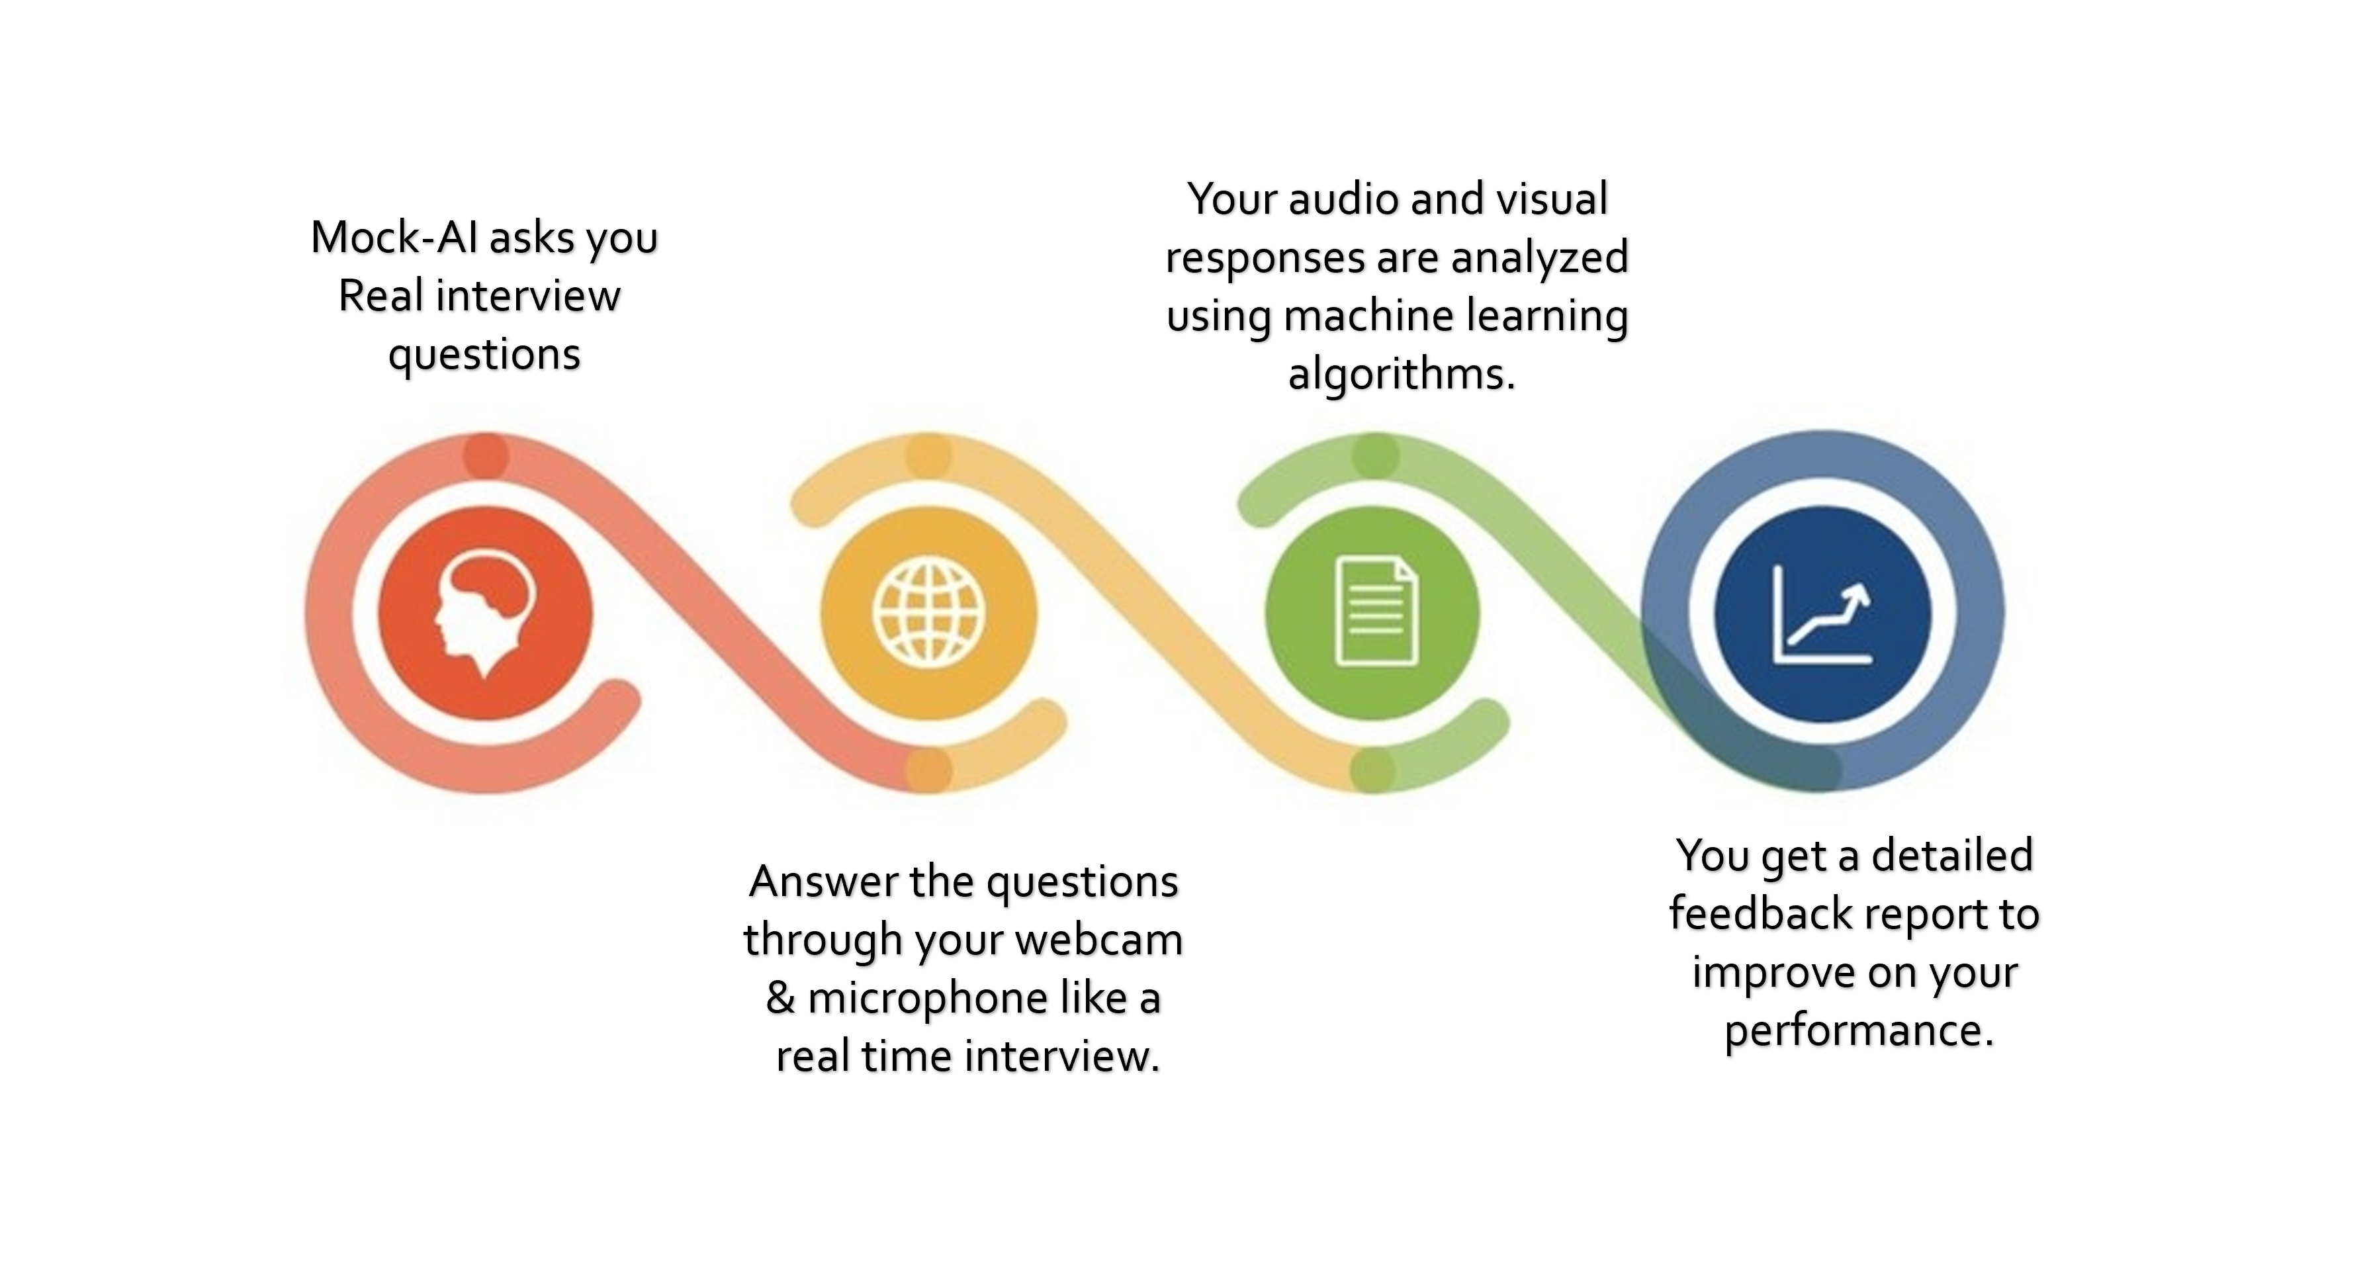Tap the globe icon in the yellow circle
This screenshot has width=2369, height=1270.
click(x=929, y=612)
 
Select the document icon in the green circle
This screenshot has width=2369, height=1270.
click(x=1376, y=611)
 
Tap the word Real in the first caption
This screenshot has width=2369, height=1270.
click(x=380, y=295)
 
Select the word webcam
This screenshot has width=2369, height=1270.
click(x=1099, y=939)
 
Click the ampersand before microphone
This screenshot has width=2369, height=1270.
click(x=780, y=998)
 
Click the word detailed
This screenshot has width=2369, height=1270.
click(x=1951, y=854)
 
